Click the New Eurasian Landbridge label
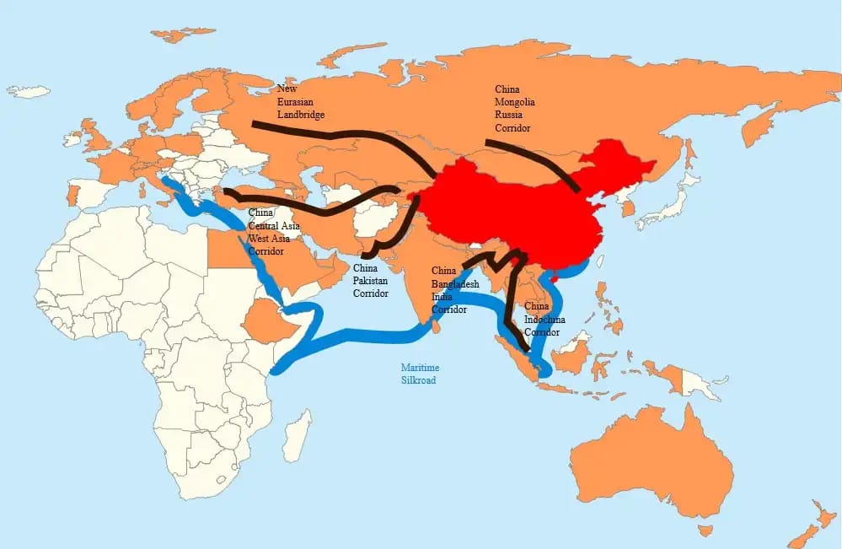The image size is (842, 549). (301, 101)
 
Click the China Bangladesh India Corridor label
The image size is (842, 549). (454, 290)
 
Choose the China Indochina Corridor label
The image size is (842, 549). (544, 320)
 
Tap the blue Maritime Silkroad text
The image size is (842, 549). (420, 374)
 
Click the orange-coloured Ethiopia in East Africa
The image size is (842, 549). (265, 321)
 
